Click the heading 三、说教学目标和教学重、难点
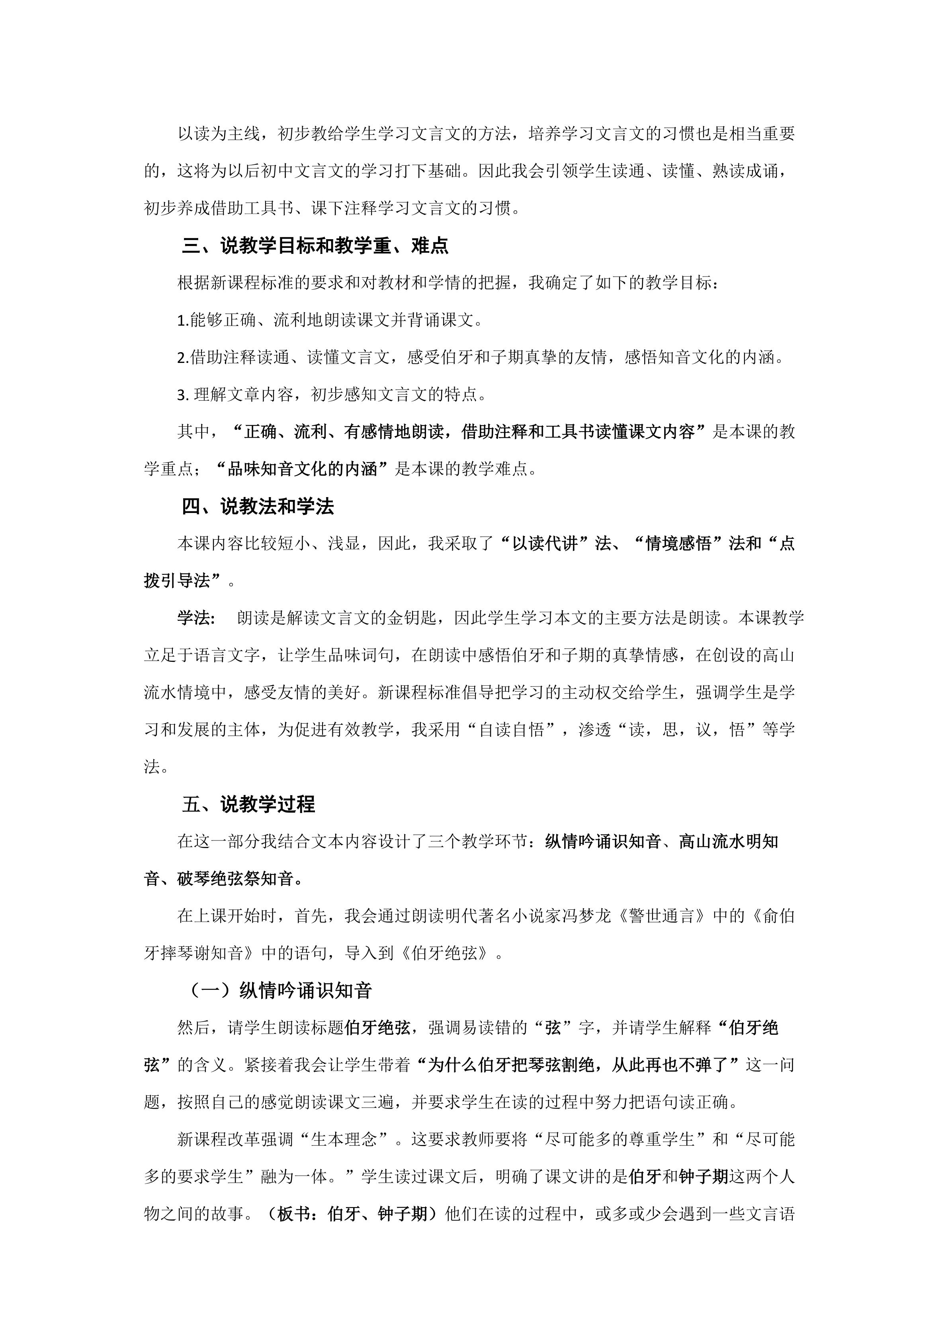(315, 246)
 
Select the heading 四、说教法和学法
(258, 506)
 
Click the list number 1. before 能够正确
(183, 320)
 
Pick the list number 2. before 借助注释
(183, 358)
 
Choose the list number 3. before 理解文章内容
(183, 395)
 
